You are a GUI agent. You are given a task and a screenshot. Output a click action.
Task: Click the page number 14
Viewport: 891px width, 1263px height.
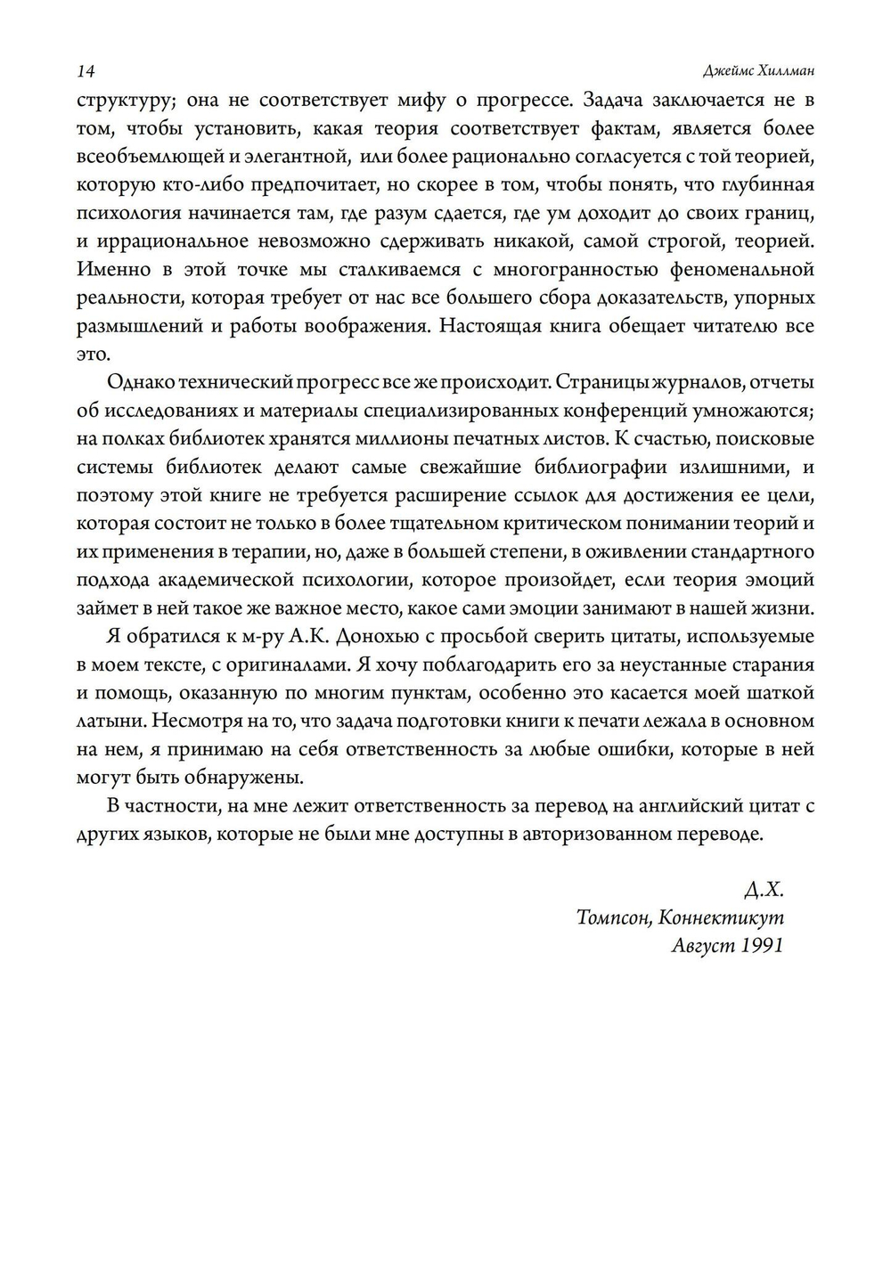[x=86, y=71]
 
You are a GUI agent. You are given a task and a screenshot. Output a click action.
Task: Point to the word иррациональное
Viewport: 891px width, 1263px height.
[x=171, y=240]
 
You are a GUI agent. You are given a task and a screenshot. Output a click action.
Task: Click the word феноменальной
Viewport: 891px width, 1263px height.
[x=752, y=269]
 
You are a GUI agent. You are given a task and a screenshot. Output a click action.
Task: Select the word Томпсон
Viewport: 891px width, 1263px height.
[x=612, y=917]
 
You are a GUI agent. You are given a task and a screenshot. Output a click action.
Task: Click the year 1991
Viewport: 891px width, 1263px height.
[x=763, y=946]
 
